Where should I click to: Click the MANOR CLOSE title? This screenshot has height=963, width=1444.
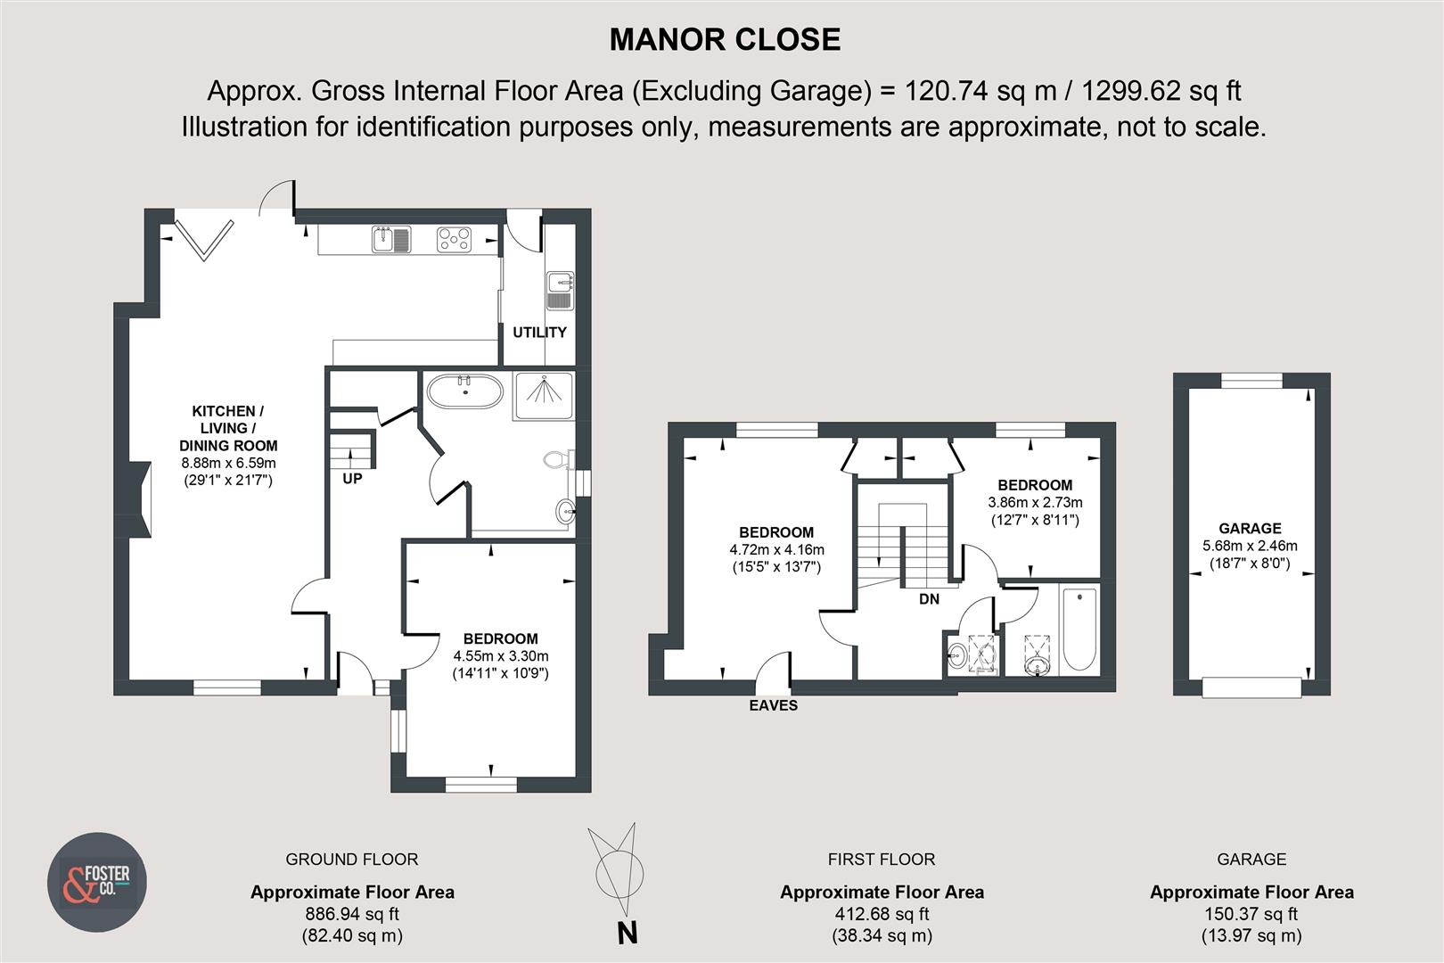tap(725, 40)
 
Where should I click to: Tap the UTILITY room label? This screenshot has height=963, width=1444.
tap(539, 333)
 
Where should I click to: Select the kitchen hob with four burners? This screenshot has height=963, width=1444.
tap(454, 240)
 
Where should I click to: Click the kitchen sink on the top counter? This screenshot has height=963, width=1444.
tap(391, 239)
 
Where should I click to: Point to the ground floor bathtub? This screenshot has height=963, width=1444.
tap(464, 391)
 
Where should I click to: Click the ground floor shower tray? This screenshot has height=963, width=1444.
tap(544, 396)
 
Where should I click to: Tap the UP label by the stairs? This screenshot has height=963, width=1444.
tap(352, 479)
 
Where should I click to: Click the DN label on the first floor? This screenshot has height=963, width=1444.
tap(929, 599)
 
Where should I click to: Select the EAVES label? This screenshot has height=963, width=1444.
tap(773, 705)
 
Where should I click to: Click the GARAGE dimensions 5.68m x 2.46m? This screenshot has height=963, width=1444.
tap(1250, 546)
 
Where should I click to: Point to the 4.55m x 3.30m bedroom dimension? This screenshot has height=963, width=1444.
tap(501, 656)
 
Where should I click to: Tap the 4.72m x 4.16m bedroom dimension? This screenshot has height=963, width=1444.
tap(776, 550)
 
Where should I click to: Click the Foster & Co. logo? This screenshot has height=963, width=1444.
tap(96, 883)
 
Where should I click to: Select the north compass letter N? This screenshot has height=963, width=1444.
tap(628, 934)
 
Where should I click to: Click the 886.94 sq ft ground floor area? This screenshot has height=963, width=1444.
tap(352, 914)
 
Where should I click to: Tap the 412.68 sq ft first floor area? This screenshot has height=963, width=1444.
tap(882, 914)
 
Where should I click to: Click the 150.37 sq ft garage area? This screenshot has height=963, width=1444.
tap(1251, 914)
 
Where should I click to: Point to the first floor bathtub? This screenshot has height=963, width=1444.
tap(1079, 629)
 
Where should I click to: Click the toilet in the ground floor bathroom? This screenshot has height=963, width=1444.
tap(558, 460)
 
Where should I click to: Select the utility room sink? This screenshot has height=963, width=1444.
tap(560, 291)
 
